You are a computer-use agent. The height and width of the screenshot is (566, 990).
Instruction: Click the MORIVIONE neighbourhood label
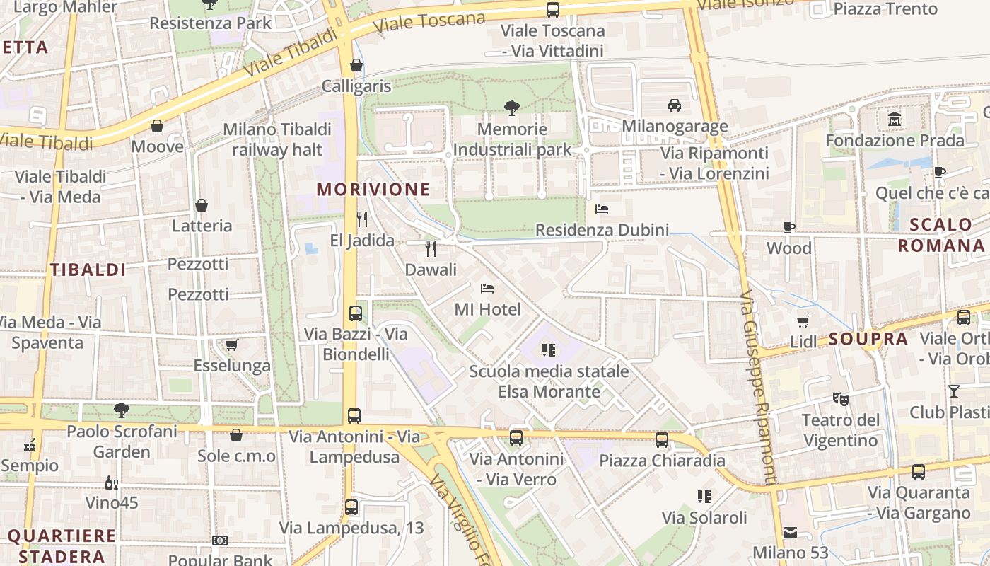pyautogui.click(x=373, y=189)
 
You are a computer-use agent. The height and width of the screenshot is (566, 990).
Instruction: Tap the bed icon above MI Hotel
pyautogui.click(x=487, y=288)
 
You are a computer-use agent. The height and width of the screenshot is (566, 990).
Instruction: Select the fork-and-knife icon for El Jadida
pyautogui.click(x=362, y=219)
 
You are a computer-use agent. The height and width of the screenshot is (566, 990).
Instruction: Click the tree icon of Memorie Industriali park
pyautogui.click(x=512, y=108)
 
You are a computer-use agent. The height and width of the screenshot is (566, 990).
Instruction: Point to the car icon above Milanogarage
pyautogui.click(x=675, y=105)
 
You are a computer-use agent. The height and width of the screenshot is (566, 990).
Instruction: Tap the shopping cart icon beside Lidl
pyautogui.click(x=803, y=321)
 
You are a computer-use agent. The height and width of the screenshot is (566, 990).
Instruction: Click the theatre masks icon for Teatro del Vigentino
pyautogui.click(x=840, y=399)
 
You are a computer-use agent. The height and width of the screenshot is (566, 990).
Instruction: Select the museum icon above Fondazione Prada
pyautogui.click(x=895, y=120)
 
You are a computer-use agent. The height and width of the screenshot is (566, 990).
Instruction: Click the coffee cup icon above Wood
pyautogui.click(x=789, y=227)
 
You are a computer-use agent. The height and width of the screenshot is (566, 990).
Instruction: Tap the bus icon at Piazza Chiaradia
pyautogui.click(x=662, y=440)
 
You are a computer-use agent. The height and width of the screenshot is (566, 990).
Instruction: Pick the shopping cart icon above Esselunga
pyautogui.click(x=231, y=345)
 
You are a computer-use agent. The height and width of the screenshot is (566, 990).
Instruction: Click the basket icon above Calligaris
pyautogui.click(x=356, y=66)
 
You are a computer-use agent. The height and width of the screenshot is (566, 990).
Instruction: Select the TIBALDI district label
pyautogui.click(x=88, y=270)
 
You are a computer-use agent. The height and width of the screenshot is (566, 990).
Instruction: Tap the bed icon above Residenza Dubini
pyautogui.click(x=602, y=209)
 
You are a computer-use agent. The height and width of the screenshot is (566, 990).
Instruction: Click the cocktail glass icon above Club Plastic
pyautogui.click(x=954, y=391)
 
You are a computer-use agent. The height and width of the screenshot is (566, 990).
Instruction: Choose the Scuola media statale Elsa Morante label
pyautogui.click(x=549, y=381)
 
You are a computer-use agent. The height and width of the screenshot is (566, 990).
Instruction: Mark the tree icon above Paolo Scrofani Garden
pyautogui.click(x=122, y=410)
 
